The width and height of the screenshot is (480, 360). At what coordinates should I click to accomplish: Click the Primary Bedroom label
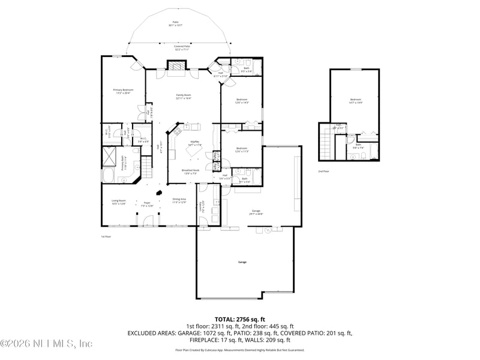[123, 91]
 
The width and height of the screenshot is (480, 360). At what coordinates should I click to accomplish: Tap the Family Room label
[183, 96]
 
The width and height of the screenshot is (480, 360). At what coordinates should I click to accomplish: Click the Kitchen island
[195, 153]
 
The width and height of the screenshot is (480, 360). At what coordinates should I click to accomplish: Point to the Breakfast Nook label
[191, 172]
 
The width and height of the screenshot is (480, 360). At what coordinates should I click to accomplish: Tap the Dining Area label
[179, 201]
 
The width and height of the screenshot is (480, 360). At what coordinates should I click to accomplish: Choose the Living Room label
[118, 202]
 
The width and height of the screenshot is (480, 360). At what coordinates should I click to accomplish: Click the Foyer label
[147, 205]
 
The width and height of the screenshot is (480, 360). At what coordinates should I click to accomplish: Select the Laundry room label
[203, 206]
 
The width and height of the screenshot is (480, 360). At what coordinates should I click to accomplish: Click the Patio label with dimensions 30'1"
[175, 24]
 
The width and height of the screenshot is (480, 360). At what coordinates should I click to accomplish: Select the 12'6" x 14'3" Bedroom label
[242, 101]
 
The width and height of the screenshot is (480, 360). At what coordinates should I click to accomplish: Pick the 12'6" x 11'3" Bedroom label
[242, 149]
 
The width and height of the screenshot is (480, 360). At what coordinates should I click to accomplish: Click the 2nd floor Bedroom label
[356, 101]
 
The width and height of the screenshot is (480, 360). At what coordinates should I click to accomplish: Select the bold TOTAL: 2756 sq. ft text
[240, 319]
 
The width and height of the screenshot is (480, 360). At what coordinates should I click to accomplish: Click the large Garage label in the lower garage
[242, 262]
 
